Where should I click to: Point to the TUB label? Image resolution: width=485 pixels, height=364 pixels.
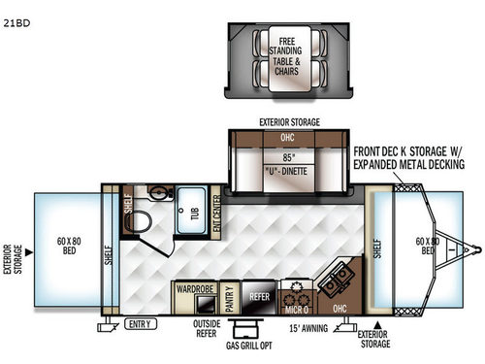tap(194, 215)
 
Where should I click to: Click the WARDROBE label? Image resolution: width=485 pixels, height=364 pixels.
tap(195, 287)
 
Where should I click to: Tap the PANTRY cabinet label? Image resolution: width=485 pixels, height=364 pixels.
tap(231, 294)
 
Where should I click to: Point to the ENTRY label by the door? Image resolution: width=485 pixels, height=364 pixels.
tap(139, 323)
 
